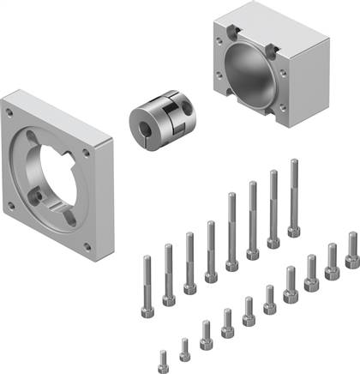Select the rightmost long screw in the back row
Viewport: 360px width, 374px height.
point(294,197)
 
